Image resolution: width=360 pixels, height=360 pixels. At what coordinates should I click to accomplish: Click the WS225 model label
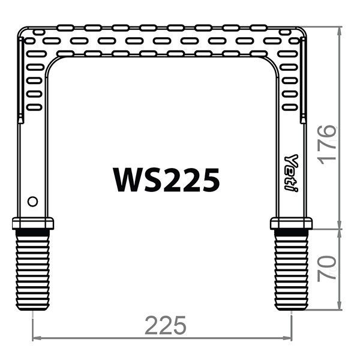(166, 180)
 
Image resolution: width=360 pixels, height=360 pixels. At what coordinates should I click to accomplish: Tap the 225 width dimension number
(166, 325)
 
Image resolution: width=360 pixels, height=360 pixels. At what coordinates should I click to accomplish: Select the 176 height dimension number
(328, 145)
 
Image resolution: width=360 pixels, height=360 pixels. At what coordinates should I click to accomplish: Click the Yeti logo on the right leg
(291, 173)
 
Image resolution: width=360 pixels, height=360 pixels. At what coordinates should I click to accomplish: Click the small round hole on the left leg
(32, 202)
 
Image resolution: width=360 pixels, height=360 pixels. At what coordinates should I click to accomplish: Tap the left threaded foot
(32, 270)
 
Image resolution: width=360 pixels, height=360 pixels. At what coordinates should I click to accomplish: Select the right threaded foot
(292, 270)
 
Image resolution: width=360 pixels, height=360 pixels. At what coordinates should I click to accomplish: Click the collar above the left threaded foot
(33, 223)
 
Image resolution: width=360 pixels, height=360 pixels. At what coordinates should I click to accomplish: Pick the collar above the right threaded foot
(292, 223)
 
